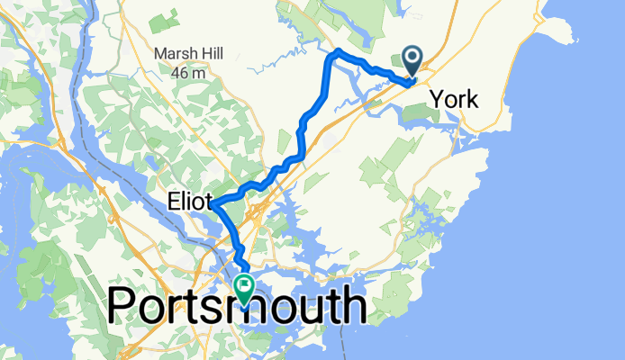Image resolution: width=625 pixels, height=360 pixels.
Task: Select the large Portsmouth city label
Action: tap(237, 306)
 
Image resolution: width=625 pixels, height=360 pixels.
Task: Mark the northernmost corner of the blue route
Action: tap(336, 54)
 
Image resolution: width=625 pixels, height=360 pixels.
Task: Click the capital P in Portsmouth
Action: tap(122, 306)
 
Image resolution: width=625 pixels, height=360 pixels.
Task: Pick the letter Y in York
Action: tap(437, 99)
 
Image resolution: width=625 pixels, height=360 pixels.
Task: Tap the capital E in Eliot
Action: tap(171, 200)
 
